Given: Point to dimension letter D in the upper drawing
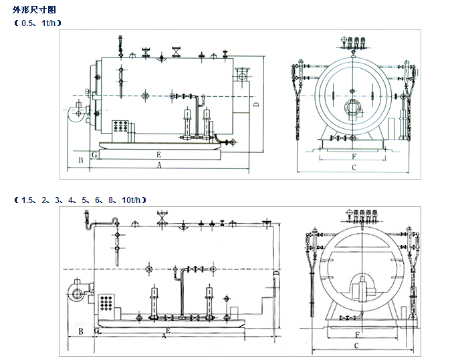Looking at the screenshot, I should [x=255, y=106].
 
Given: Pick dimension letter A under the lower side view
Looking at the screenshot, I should [x=164, y=337].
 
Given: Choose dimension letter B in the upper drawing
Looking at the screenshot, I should [x=80, y=160].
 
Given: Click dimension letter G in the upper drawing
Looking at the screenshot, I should [x=95, y=155].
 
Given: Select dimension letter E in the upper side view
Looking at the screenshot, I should [x=158, y=154].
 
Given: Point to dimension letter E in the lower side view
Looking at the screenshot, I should [x=168, y=331].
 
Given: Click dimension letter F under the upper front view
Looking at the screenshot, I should [x=352, y=157].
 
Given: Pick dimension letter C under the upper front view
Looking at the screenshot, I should [x=354, y=167].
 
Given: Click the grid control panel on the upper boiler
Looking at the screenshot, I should [x=121, y=126].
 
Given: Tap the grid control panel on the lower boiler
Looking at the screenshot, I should [x=106, y=301].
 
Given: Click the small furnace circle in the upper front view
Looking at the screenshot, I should [x=352, y=107].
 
